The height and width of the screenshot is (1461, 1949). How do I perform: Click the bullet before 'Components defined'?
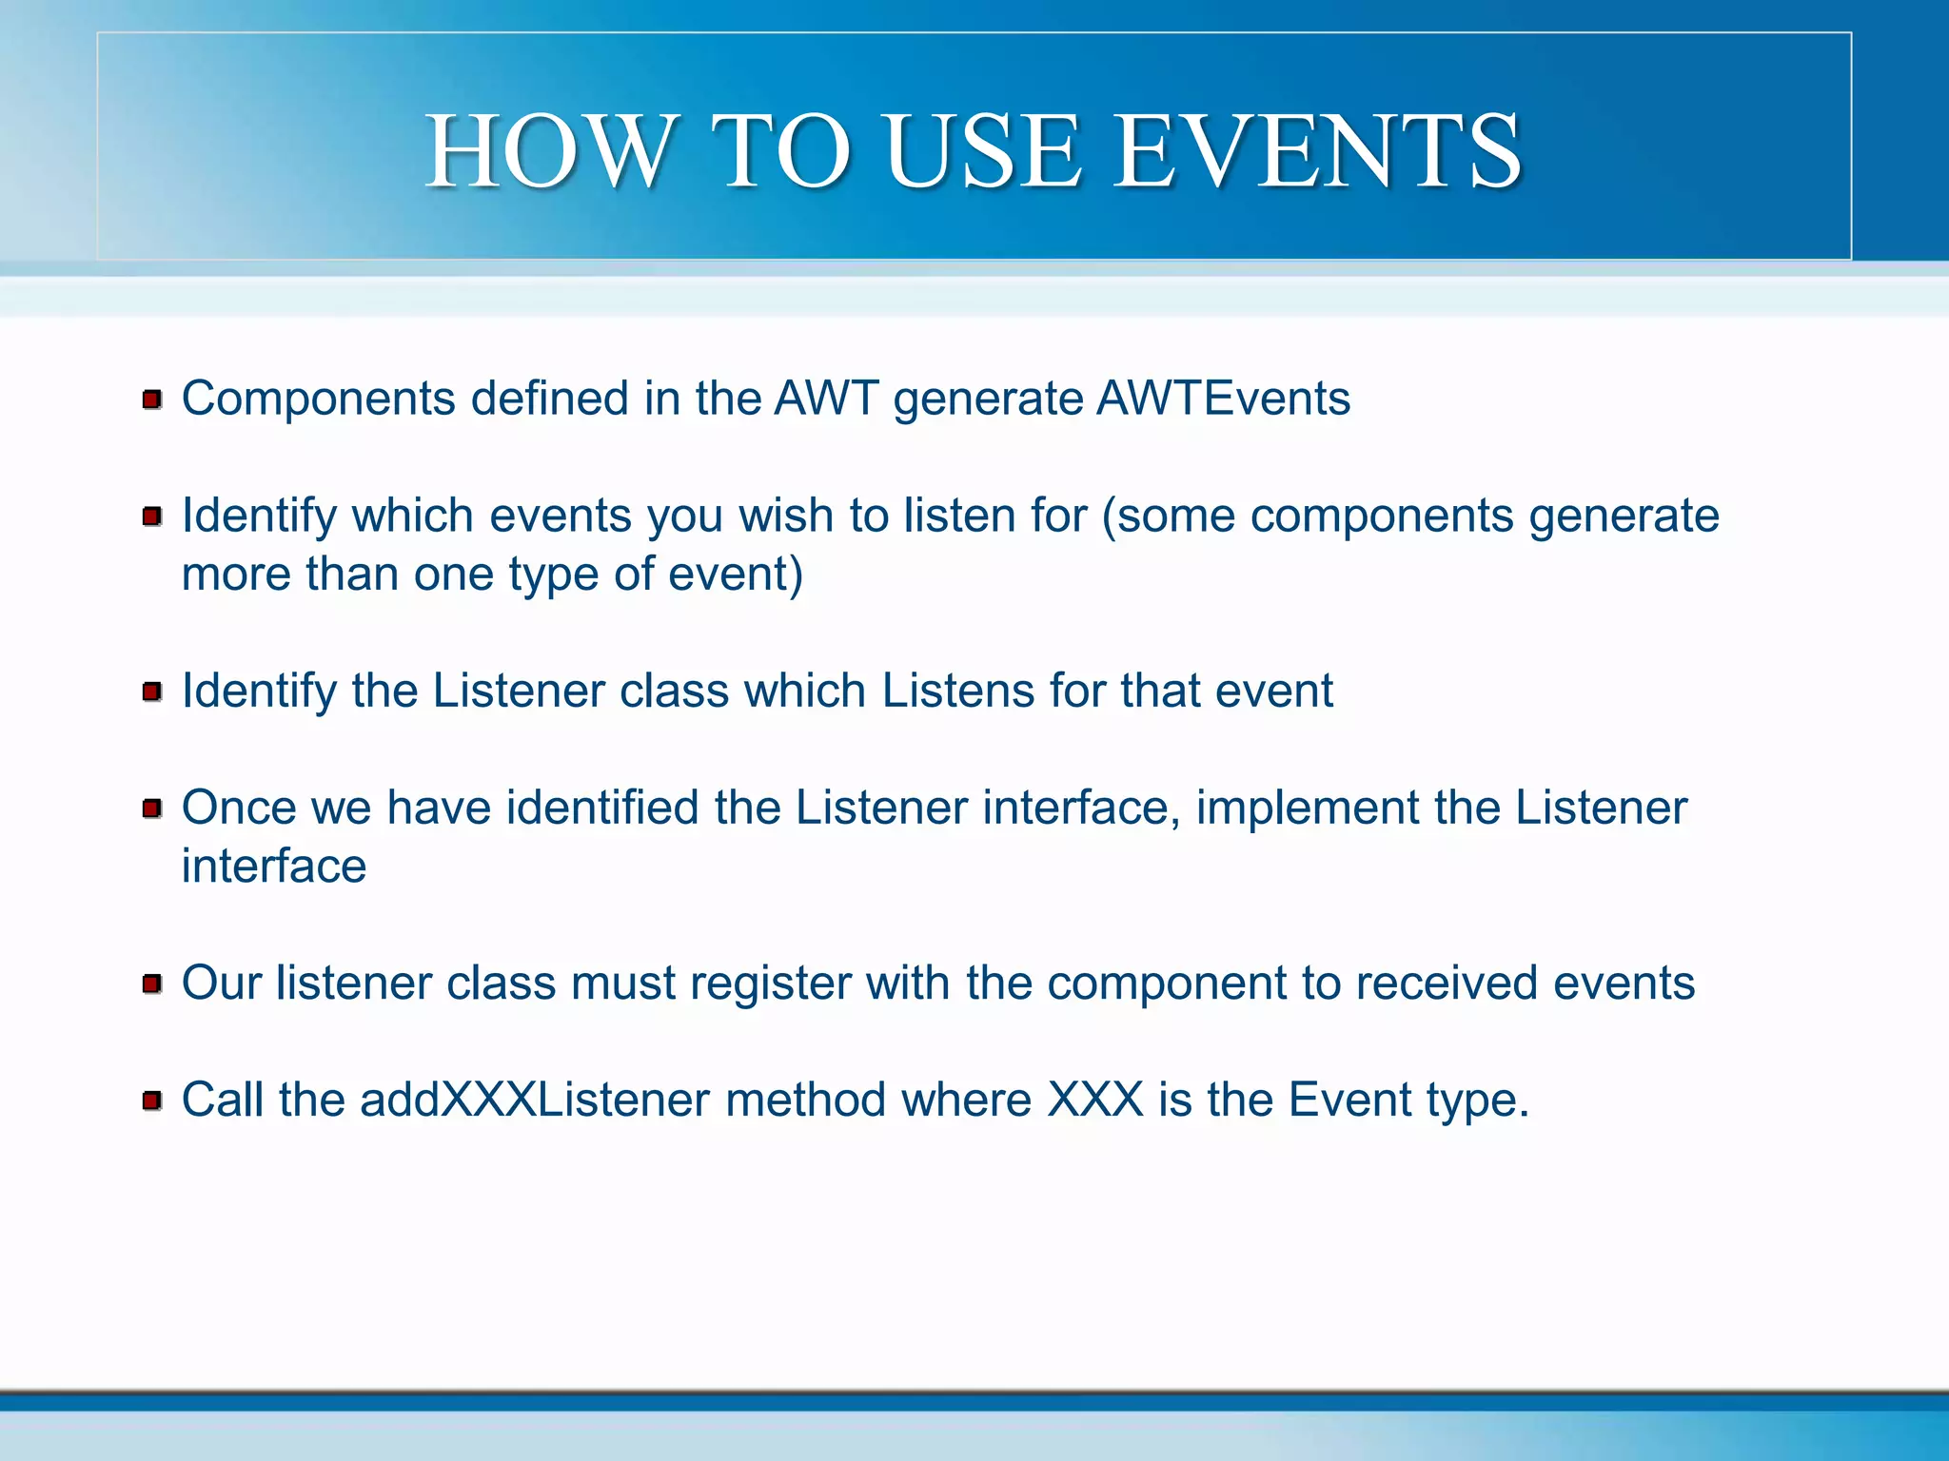tap(151, 399)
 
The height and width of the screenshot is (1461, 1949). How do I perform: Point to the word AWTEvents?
tap(1223, 398)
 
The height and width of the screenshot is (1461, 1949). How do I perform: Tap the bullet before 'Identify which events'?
tap(151, 516)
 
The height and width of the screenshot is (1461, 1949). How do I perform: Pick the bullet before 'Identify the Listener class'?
tap(151, 692)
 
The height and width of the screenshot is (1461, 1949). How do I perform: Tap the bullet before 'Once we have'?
tap(151, 808)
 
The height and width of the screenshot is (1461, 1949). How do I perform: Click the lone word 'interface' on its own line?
tap(274, 867)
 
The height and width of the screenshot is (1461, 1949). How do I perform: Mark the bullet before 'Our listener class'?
tap(151, 984)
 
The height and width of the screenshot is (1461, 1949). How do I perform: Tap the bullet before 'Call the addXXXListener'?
tap(151, 1101)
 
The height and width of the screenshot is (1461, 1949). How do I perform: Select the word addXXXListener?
tap(534, 1101)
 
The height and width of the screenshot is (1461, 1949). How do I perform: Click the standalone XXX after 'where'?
tap(1095, 1101)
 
